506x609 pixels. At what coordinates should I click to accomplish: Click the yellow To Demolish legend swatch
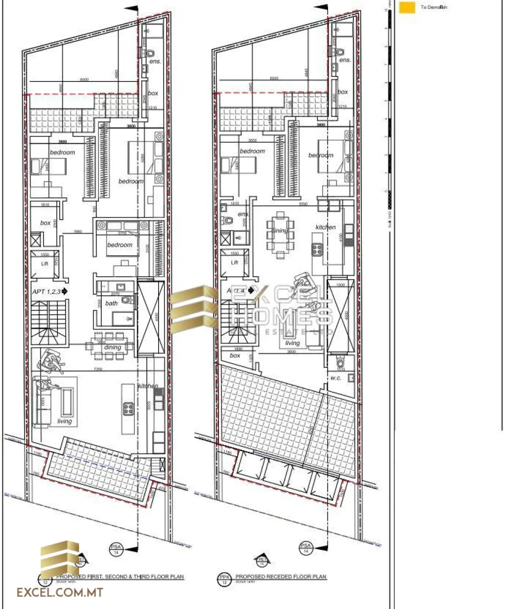pos(407,7)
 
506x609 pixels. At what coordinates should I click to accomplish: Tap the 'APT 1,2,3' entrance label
pos(47,292)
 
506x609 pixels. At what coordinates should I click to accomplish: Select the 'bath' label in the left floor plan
pos(112,303)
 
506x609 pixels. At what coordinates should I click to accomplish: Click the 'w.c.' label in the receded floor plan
pos(336,378)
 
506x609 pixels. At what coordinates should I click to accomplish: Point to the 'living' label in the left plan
pos(64,421)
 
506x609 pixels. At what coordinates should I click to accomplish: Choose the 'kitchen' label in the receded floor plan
pos(326,227)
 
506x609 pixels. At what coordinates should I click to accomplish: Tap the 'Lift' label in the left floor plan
pos(44,264)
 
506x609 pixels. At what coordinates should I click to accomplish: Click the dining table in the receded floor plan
pos(280,233)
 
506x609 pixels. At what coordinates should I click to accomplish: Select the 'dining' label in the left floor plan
pos(112,347)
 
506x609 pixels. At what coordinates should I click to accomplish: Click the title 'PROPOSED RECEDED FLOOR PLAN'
pos(281,576)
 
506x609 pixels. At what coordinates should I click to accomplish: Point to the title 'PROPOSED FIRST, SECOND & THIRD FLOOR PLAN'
pos(120,576)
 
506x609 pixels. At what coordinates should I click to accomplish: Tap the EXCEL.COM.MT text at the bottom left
pos(60,593)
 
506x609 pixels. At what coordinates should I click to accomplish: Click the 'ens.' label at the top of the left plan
pos(155,61)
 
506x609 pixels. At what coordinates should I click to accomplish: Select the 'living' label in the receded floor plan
pos(292,343)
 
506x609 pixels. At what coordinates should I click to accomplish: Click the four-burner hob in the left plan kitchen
pos(128,408)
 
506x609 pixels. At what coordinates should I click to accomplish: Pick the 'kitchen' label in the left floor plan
pos(148,386)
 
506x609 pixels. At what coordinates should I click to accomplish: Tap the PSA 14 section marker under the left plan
pos(116,549)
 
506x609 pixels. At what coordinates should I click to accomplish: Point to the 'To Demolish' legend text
pos(434,7)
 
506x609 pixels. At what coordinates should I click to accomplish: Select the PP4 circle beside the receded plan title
pos(224,578)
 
